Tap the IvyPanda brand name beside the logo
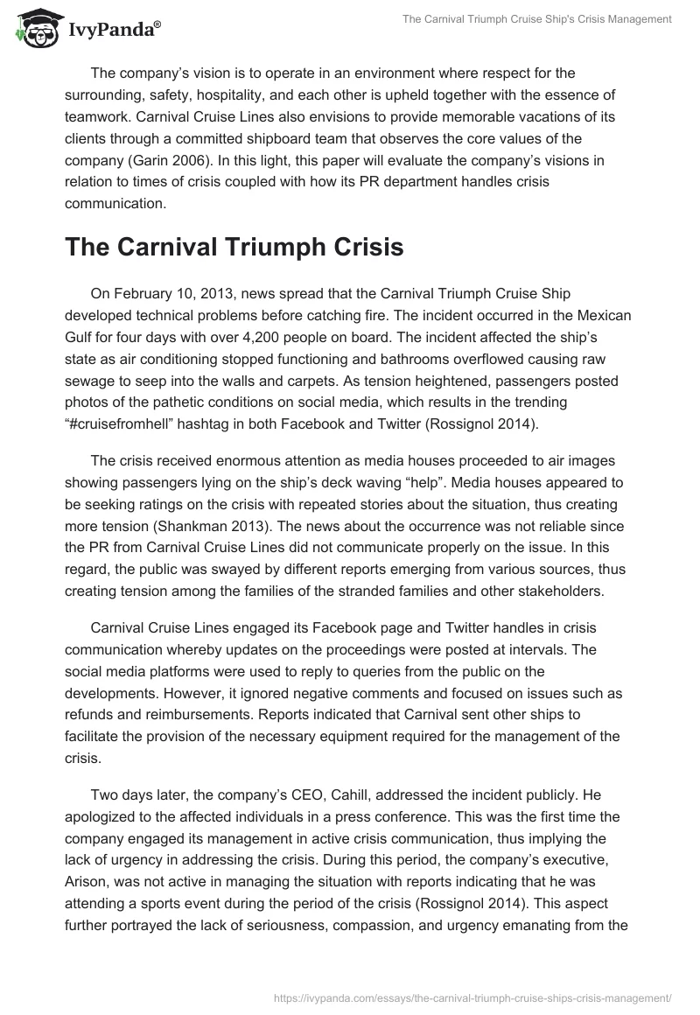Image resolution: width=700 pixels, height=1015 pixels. (x=110, y=31)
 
